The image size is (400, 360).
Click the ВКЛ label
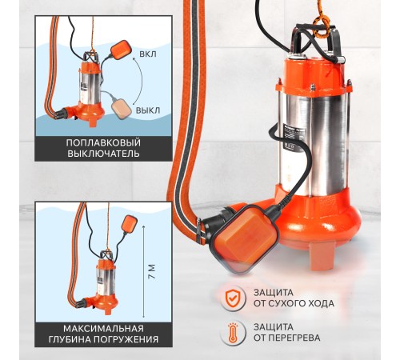[x=148, y=54]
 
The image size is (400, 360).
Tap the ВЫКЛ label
[x=148, y=110]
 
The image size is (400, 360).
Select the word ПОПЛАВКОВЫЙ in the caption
[x=103, y=142]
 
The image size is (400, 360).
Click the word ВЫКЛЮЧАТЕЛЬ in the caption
[x=103, y=154]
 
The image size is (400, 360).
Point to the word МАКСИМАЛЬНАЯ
[x=103, y=328]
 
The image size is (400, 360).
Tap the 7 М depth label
[x=152, y=271]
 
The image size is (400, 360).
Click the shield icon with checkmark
[x=231, y=298]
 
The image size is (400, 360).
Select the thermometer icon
[x=233, y=332]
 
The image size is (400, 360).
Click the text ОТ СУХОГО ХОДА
[x=294, y=303]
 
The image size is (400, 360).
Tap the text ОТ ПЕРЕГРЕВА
[x=286, y=338]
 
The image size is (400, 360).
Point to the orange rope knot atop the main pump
[x=322, y=26]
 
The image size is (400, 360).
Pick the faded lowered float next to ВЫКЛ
[x=122, y=109]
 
